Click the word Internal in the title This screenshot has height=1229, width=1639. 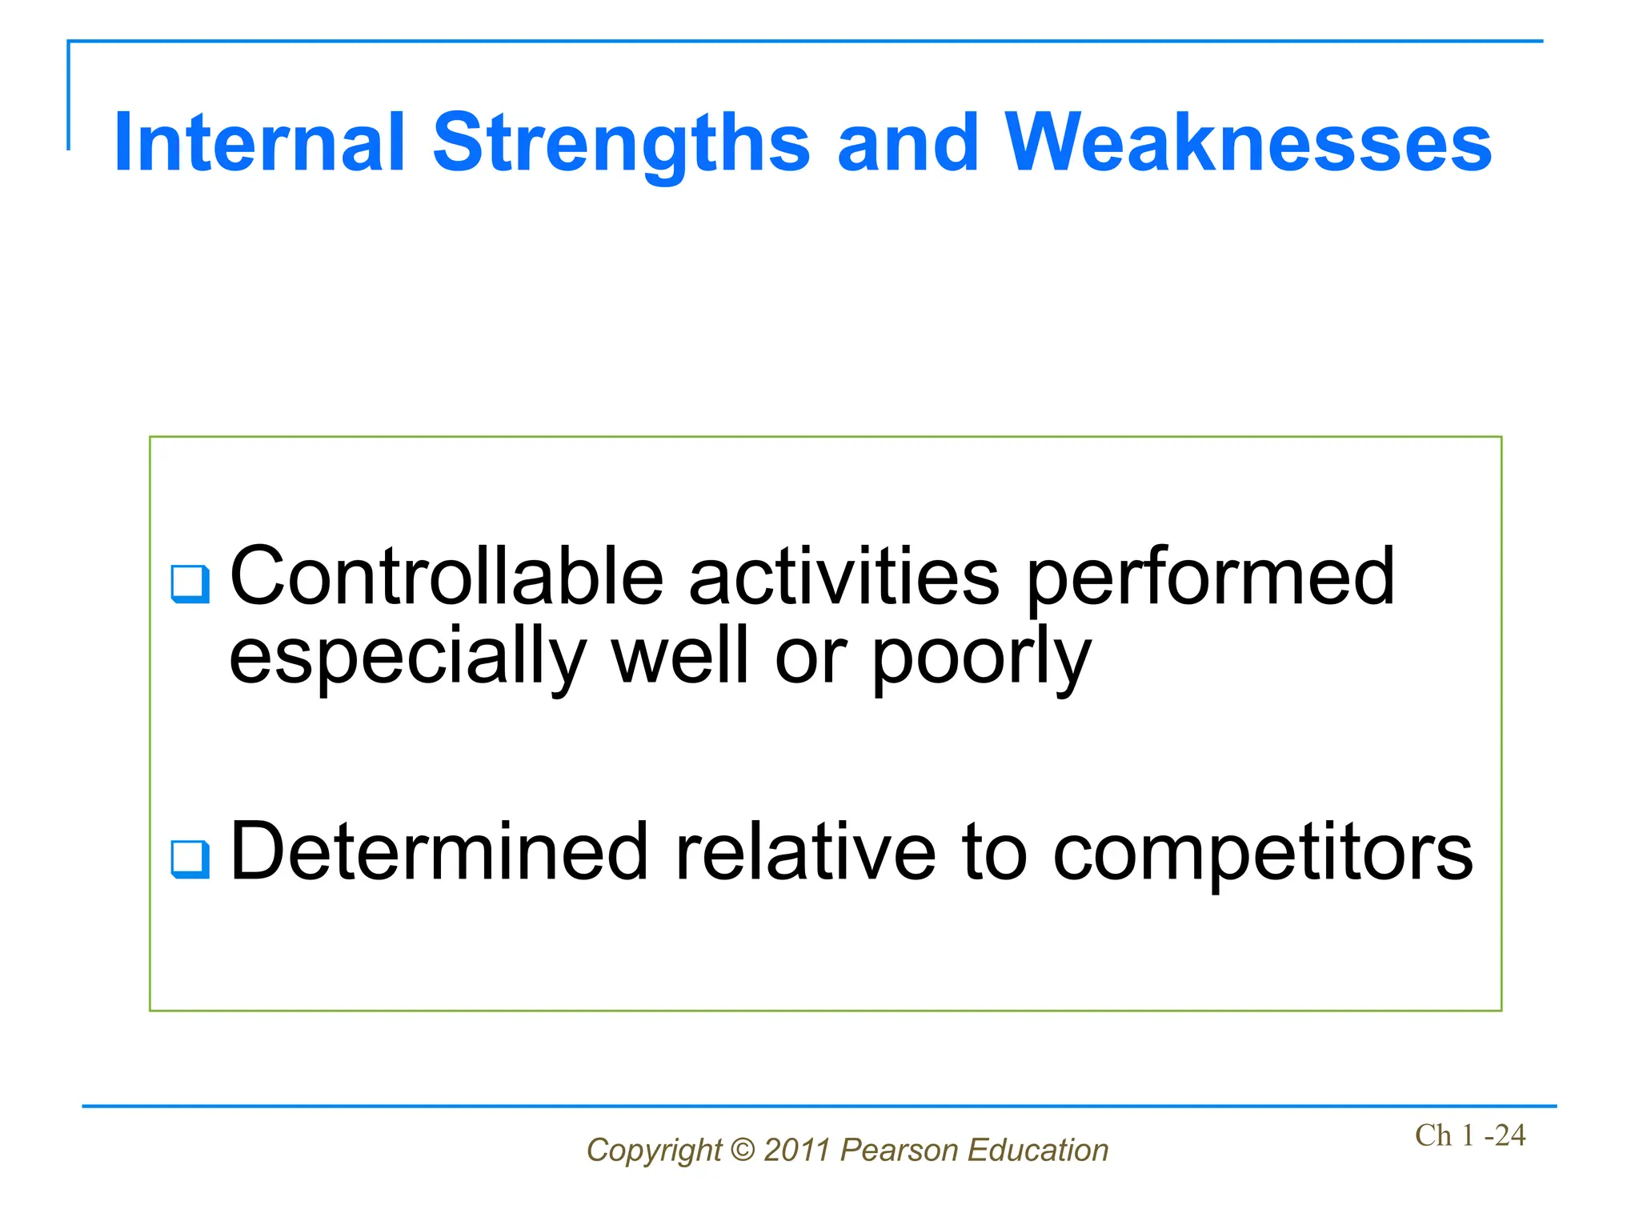tap(259, 144)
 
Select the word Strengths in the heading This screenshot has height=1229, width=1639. tap(621, 144)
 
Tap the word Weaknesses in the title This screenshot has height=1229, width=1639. tap(1248, 144)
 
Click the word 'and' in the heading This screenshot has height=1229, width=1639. tap(908, 144)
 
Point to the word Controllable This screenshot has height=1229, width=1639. tap(447, 576)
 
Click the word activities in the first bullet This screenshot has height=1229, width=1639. tap(844, 576)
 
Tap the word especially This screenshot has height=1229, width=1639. tap(408, 658)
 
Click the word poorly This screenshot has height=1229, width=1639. tap(981, 658)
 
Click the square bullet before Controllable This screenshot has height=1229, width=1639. tap(190, 584)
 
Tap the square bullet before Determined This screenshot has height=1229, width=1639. tap(190, 860)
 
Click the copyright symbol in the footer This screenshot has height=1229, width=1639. tap(743, 1151)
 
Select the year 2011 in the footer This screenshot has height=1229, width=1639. tap(797, 1151)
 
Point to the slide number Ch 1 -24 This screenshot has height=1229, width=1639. tap(1469, 1135)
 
